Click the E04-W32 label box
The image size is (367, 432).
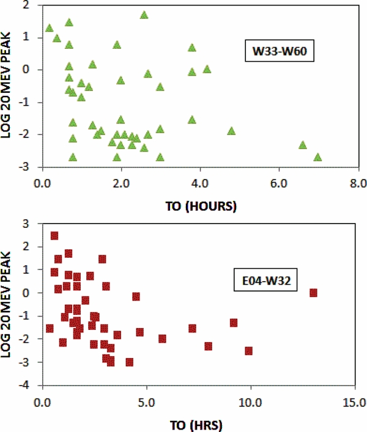tap(266, 282)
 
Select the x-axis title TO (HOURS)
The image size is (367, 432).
tap(200, 206)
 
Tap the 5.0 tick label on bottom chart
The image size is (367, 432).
tap(147, 404)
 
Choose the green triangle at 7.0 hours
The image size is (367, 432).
tap(317, 158)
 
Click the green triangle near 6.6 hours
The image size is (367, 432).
tap(302, 145)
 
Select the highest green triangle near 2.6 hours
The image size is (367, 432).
tap(144, 15)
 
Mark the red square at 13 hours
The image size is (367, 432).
tap(313, 293)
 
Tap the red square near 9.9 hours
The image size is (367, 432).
tap(249, 351)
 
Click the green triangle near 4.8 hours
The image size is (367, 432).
tap(231, 131)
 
